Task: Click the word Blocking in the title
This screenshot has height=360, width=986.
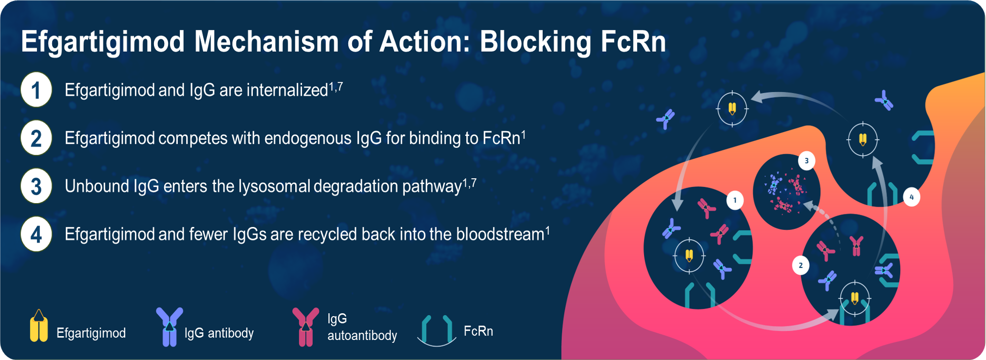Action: pos(535,42)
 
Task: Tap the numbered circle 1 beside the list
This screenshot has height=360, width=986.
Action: pos(37,90)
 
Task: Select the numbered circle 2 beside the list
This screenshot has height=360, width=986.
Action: pos(37,138)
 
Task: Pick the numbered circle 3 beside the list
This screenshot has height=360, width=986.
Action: pos(37,186)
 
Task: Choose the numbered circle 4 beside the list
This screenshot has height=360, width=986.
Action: pos(37,234)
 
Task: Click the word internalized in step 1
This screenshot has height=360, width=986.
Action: pos(287,90)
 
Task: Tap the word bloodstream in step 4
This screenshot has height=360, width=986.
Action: pos(500,234)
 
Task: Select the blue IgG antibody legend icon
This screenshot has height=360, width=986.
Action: pos(170,327)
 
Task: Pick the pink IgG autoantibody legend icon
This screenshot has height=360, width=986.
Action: pos(305,327)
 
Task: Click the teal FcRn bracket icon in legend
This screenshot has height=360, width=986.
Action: pos(436,331)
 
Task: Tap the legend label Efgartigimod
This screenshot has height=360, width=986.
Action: pos(91,333)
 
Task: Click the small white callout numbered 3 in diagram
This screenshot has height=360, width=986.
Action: pos(807,161)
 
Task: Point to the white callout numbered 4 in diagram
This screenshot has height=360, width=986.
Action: pos(911,197)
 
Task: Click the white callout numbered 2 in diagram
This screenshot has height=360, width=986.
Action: pos(801,265)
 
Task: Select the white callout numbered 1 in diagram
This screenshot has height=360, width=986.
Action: pos(735,200)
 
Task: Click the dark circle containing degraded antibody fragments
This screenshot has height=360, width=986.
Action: pos(786,192)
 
